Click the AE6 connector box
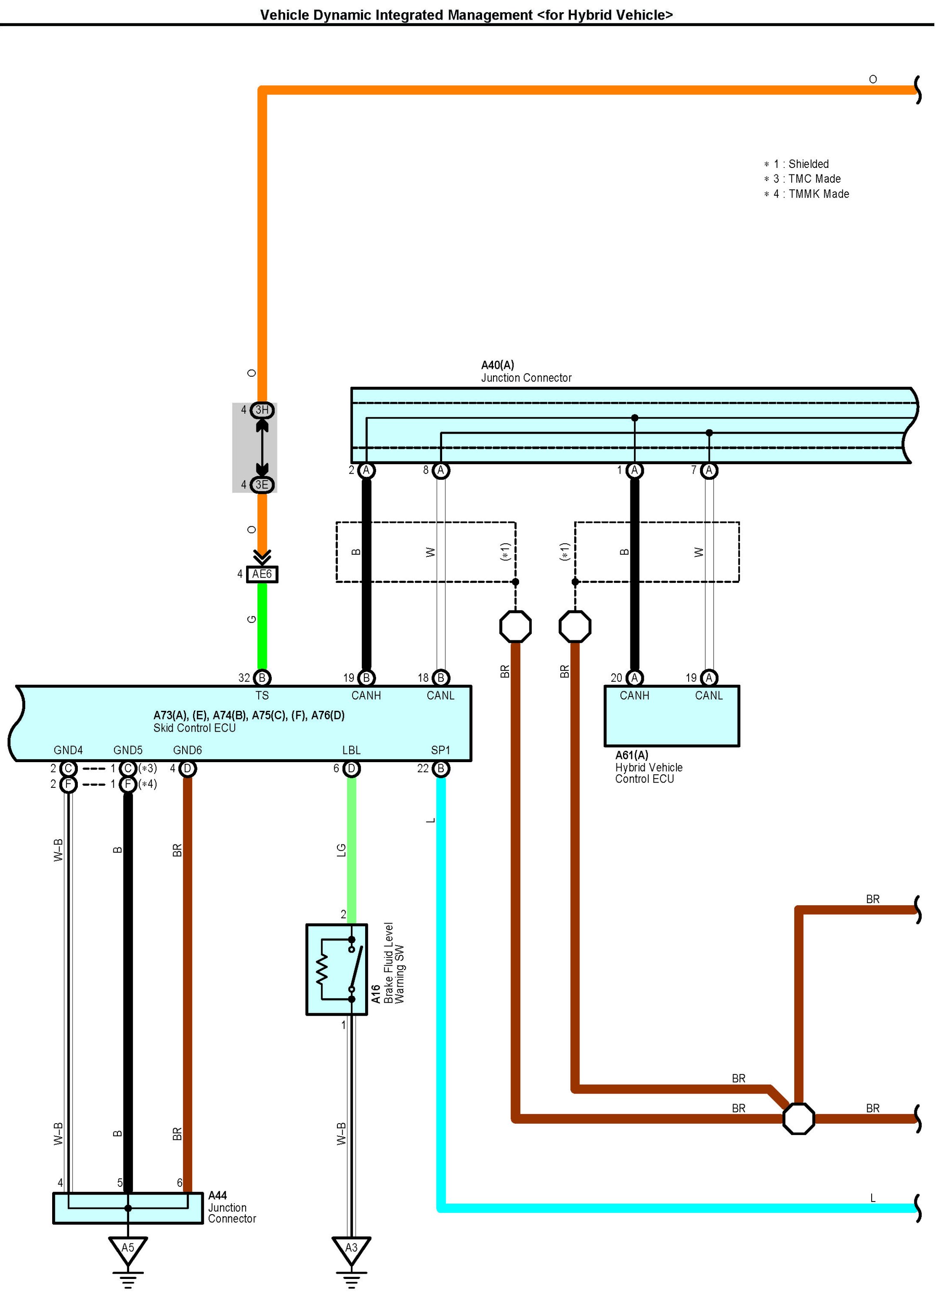coord(262,574)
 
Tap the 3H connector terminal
coord(262,410)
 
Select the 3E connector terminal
coord(262,484)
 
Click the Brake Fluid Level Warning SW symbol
coord(336,969)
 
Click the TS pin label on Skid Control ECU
coord(262,695)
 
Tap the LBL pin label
coord(351,750)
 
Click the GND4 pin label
coord(68,750)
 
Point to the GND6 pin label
coord(187,750)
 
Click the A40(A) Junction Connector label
coord(526,372)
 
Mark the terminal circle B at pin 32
coord(262,678)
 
